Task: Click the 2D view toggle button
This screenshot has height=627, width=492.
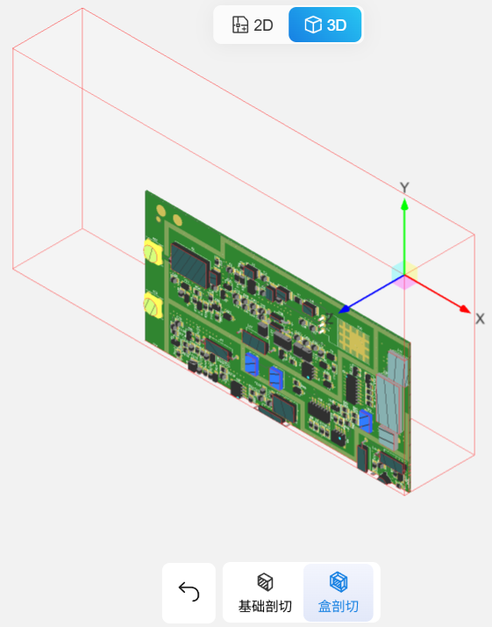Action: click(253, 25)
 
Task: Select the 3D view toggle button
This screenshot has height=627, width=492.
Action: click(325, 25)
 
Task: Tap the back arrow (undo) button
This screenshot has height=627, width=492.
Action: click(189, 592)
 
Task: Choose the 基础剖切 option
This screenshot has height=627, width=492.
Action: click(265, 592)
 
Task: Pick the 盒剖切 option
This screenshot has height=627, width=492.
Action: click(339, 592)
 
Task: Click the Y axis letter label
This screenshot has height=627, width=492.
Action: click(404, 188)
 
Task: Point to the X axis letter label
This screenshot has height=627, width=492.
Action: click(480, 319)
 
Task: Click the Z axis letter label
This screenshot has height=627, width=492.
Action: click(329, 319)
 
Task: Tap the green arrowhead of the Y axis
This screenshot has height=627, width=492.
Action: click(404, 204)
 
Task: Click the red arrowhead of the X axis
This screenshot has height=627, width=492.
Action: click(465, 309)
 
